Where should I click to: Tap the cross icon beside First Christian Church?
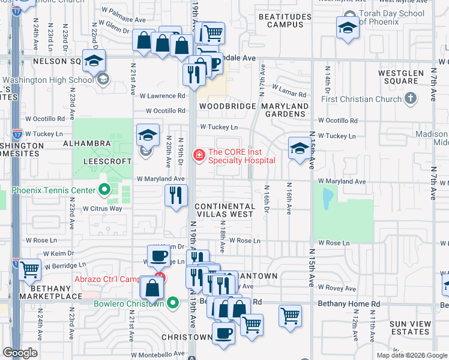pos(411,98)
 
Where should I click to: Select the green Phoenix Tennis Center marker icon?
pos(104,191)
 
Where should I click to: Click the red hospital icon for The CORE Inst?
pos(197,155)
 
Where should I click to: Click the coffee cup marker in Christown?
pos(224,333)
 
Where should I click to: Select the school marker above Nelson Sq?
pos(94,61)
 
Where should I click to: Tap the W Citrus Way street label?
pos(101,208)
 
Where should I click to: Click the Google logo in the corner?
pos(20,353)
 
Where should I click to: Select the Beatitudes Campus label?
pos(285,20)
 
